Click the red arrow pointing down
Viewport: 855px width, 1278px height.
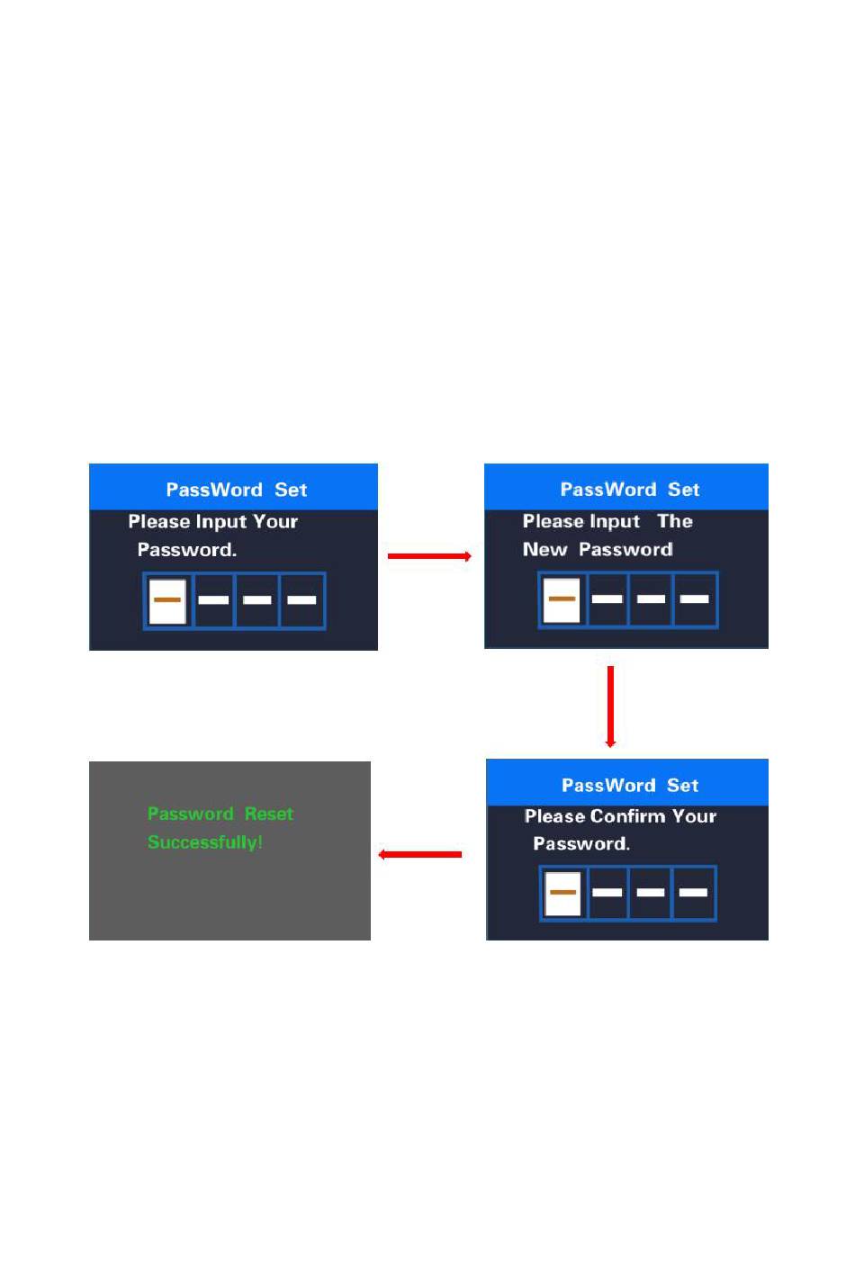click(x=610, y=706)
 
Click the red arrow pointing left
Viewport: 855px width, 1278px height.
click(x=420, y=854)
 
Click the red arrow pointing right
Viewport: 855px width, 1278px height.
click(x=429, y=556)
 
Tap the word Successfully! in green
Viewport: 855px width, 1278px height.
click(x=205, y=842)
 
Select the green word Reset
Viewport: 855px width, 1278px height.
click(x=269, y=814)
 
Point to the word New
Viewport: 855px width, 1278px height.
click(x=545, y=550)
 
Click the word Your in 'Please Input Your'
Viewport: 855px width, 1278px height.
click(x=275, y=522)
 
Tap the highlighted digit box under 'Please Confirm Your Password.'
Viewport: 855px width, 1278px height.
click(x=563, y=893)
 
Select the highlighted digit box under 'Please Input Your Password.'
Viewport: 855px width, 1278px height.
click(x=167, y=600)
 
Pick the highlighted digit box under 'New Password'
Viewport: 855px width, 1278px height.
click(x=562, y=599)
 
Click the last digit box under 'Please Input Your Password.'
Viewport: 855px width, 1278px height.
click(x=302, y=600)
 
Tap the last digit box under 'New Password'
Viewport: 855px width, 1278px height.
click(x=695, y=599)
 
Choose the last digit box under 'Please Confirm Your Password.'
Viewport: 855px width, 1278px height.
click(x=694, y=893)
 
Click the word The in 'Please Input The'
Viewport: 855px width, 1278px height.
click(x=675, y=522)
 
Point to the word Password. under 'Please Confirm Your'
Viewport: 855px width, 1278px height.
click(x=581, y=844)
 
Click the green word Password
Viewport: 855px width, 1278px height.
click(x=191, y=814)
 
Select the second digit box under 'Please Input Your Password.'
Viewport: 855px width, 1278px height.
click(x=213, y=600)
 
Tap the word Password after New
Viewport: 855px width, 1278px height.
click(x=625, y=550)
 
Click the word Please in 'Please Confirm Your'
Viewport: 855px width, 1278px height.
click(x=553, y=816)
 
